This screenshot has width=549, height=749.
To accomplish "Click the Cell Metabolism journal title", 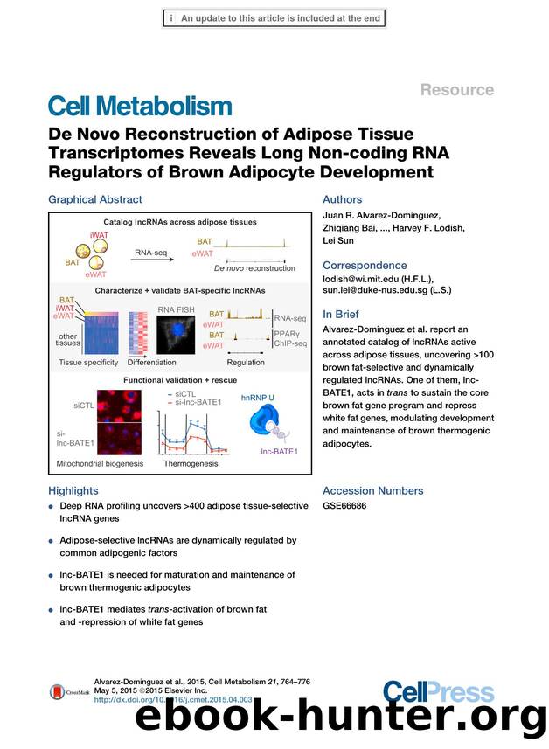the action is click(139, 107).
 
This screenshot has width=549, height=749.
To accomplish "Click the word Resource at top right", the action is click(457, 90).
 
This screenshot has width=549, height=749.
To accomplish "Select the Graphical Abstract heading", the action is click(95, 199).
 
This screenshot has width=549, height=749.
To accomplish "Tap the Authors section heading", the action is click(344, 199).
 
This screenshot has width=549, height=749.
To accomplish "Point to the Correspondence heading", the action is click(365, 265).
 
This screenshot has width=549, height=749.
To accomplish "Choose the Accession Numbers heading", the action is click(372, 490).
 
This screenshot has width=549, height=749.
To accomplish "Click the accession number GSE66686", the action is click(345, 506).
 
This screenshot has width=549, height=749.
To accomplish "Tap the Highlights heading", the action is click(73, 490).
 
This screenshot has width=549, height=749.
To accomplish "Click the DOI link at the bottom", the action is click(172, 699).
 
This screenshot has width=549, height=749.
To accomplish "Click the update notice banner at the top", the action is click(274, 17).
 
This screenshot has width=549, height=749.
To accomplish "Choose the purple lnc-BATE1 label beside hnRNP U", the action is click(281, 451).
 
